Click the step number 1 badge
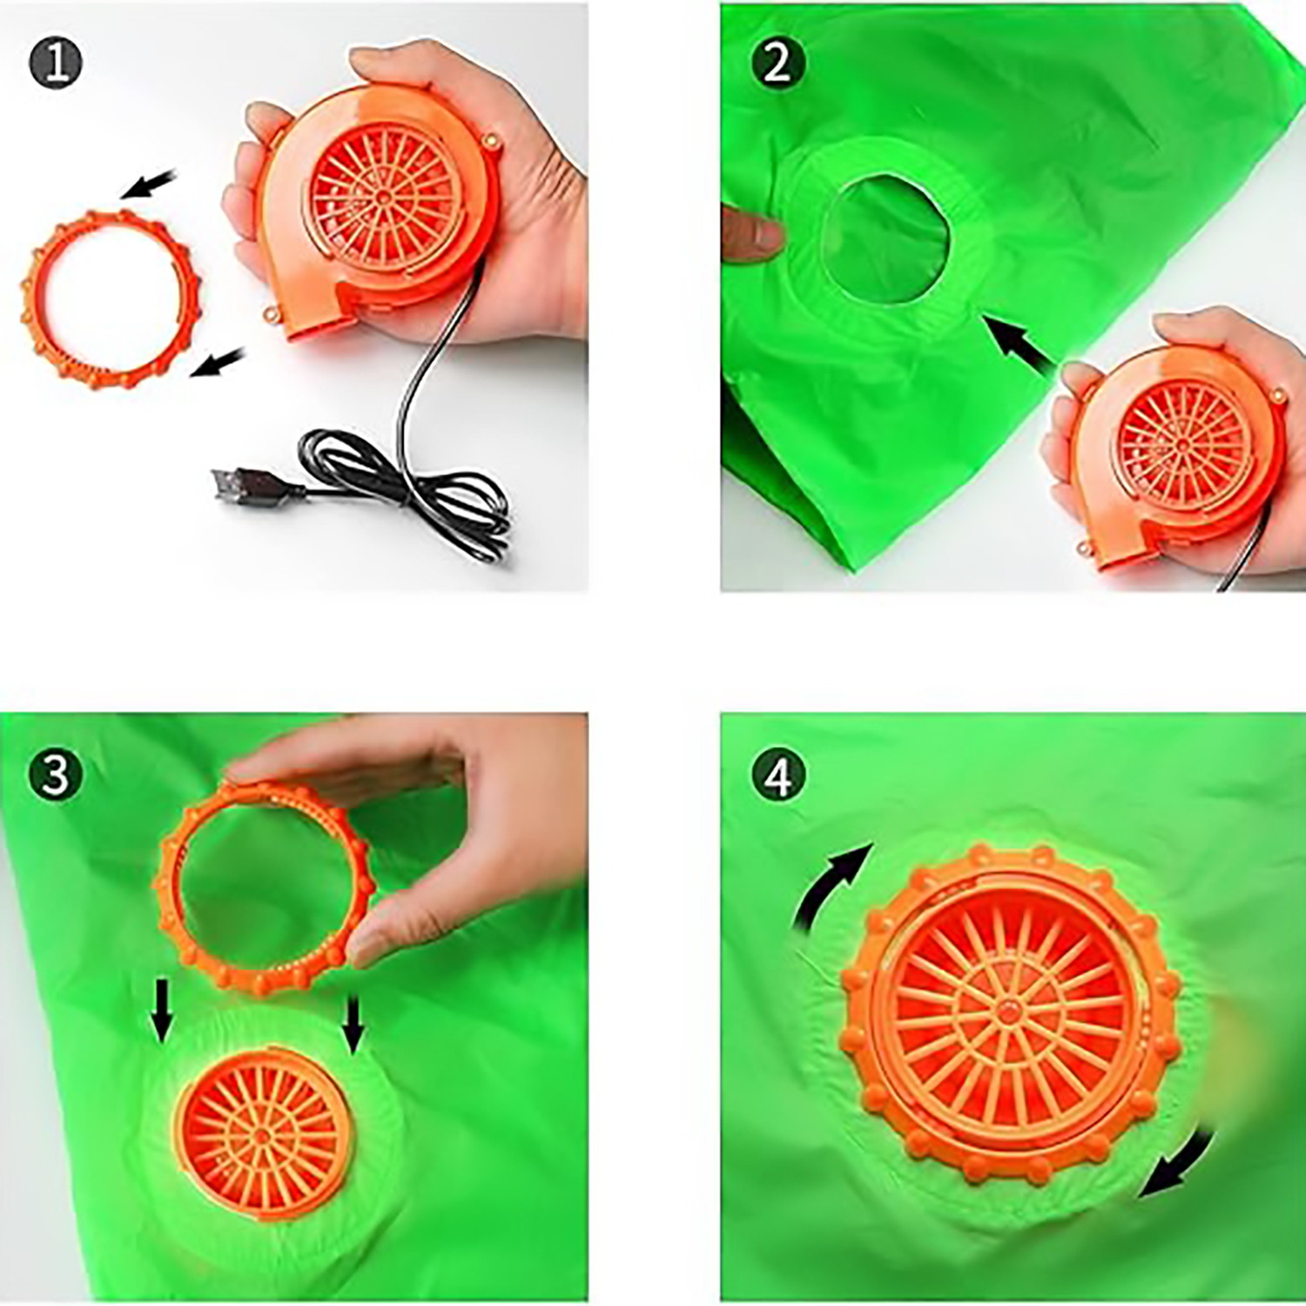(56, 64)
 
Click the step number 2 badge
(778, 64)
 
